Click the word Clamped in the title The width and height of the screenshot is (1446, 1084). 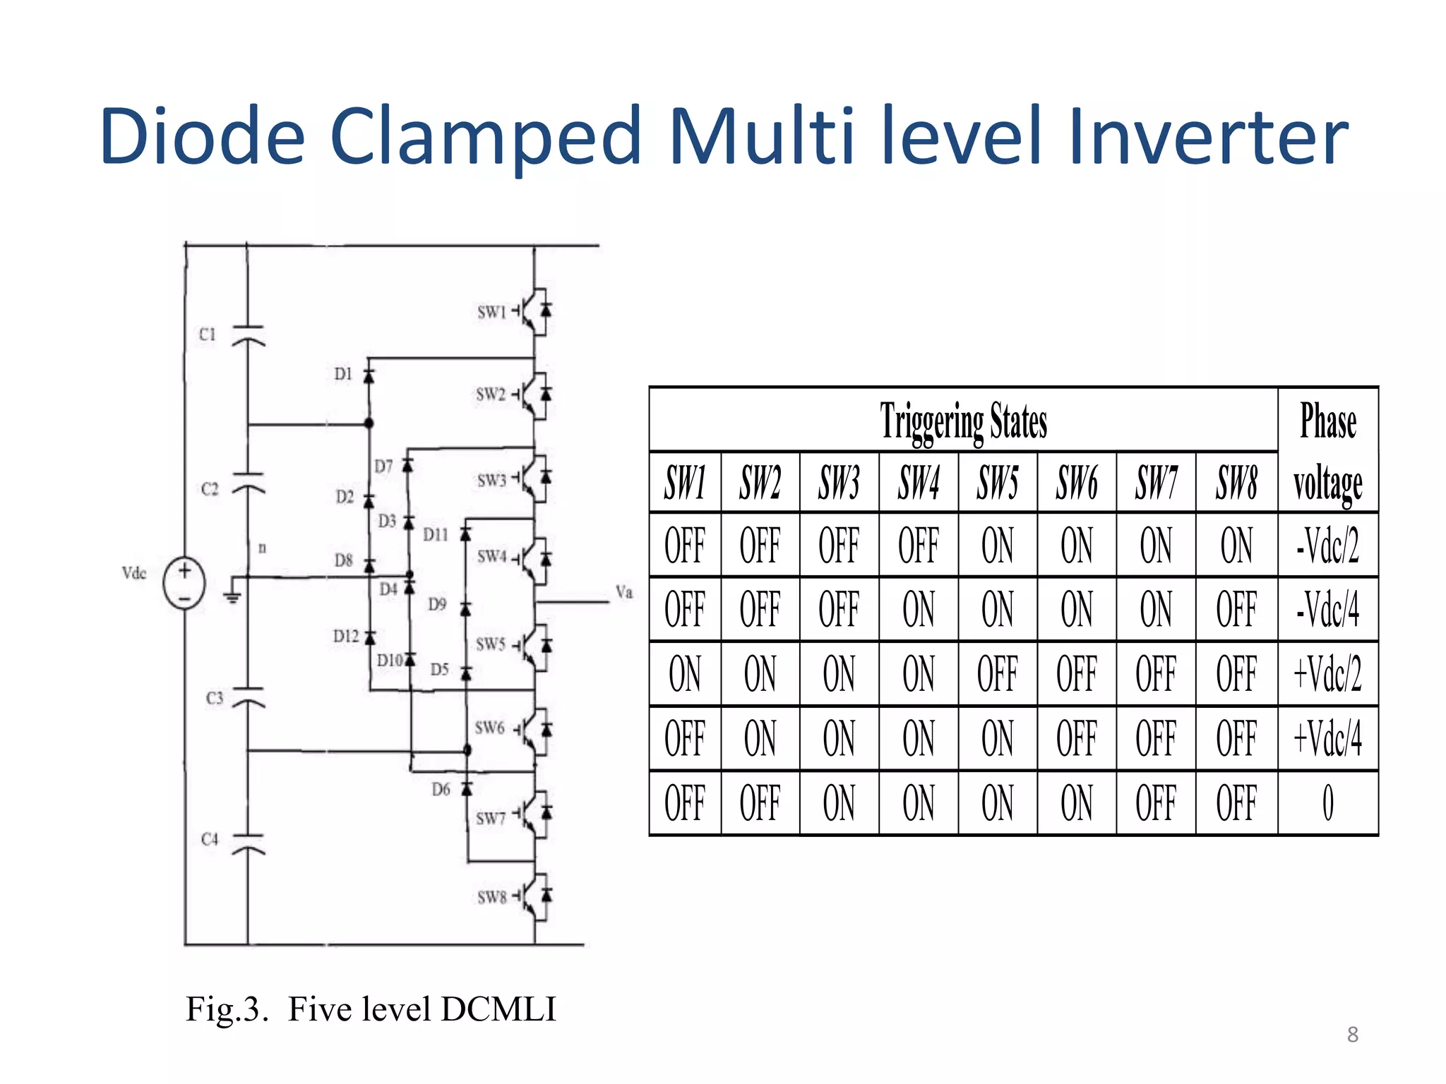click(x=485, y=136)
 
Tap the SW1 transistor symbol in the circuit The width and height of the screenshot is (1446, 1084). click(x=536, y=311)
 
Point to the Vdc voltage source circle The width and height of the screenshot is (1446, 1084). click(x=184, y=583)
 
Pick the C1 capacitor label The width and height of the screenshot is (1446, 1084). click(x=207, y=334)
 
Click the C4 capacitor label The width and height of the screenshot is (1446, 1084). click(x=210, y=839)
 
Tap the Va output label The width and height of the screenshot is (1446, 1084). click(x=624, y=592)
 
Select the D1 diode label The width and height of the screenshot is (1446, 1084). click(x=343, y=374)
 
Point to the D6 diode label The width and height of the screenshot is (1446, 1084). click(x=441, y=790)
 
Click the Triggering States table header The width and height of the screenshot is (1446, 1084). click(x=963, y=421)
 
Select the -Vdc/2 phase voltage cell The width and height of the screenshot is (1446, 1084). click(x=1327, y=546)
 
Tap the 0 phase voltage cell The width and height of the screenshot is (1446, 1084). click(x=1327, y=803)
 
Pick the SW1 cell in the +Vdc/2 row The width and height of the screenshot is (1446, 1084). click(x=685, y=674)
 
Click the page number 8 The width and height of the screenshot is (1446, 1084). click(x=1352, y=1035)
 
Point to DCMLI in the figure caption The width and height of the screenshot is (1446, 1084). click(x=498, y=1009)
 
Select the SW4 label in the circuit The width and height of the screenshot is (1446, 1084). click(x=492, y=557)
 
